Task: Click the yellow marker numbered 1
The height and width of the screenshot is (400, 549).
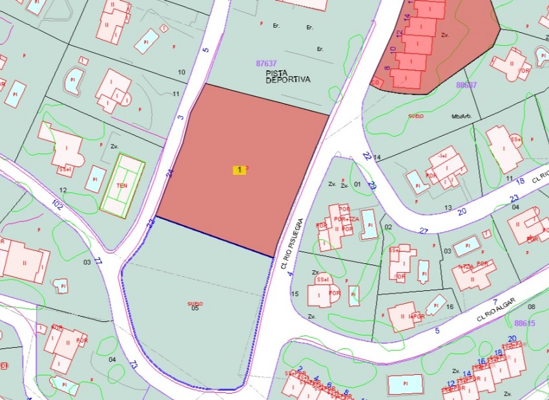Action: (x=240, y=170)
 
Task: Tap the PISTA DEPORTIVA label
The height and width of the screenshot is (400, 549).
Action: (x=288, y=77)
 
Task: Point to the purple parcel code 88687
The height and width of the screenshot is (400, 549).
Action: (x=466, y=85)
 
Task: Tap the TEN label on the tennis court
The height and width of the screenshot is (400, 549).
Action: (x=121, y=185)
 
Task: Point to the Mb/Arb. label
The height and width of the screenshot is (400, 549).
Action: (x=462, y=116)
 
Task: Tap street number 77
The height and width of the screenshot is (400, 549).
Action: (x=98, y=261)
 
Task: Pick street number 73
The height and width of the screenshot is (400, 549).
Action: (x=134, y=365)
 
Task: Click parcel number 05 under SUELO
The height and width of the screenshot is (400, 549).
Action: (x=195, y=308)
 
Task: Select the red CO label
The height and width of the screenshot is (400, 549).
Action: (x=375, y=83)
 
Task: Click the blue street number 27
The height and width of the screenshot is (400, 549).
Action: (x=424, y=230)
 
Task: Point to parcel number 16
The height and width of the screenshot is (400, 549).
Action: (x=450, y=307)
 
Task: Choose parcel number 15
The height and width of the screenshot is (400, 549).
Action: (x=295, y=294)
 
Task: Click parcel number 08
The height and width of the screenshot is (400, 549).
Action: (x=532, y=307)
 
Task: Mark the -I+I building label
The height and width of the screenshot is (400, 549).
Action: (x=442, y=156)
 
